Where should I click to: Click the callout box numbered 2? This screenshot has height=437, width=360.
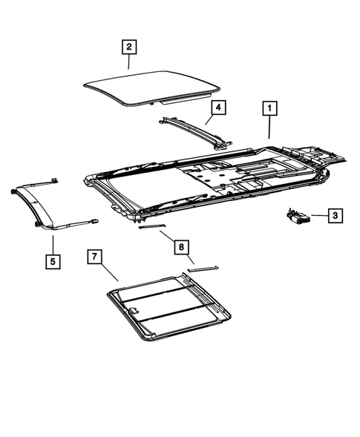click(x=128, y=47)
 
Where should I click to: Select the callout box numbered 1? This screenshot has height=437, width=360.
click(x=269, y=108)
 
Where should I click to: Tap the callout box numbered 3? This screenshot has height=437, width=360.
click(x=335, y=215)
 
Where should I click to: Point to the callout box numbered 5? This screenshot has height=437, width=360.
click(x=52, y=261)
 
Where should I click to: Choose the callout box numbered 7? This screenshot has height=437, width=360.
click(x=96, y=257)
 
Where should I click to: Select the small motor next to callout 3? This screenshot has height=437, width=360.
click(x=298, y=216)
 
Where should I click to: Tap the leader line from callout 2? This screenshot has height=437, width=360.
click(x=128, y=62)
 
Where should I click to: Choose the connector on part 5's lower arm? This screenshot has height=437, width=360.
click(x=94, y=220)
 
